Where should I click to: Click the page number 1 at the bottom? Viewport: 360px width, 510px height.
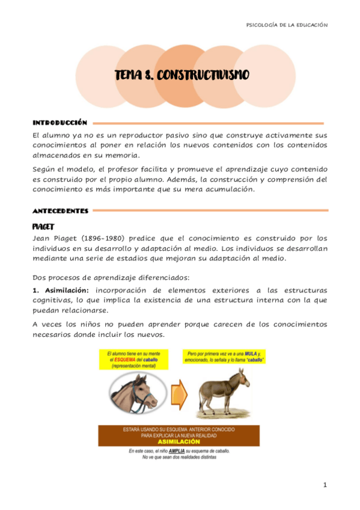coord(325,485)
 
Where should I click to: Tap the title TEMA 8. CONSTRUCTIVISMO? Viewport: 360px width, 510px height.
coord(182,76)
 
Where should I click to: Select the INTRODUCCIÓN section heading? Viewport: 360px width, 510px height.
coord(59,123)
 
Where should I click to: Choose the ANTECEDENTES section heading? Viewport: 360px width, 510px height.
coord(61,211)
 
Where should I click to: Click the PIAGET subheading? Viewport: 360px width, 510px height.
coord(43,226)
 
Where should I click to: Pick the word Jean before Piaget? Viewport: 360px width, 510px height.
coord(42,238)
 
